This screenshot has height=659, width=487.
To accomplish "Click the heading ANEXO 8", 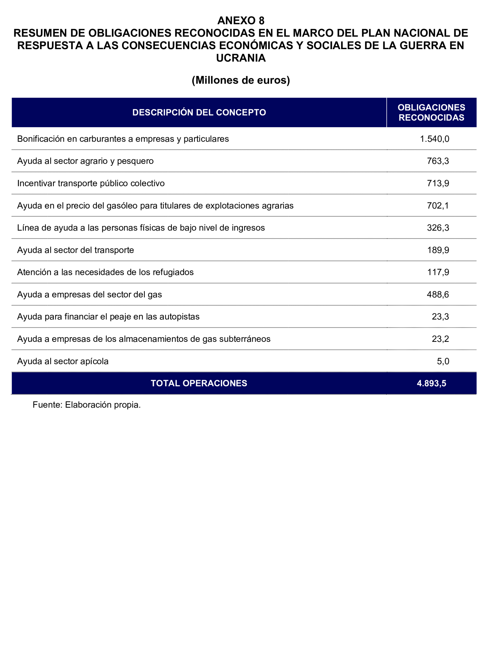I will pyautogui.click(x=241, y=20).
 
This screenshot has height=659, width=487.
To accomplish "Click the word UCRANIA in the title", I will pyautogui.click(x=241, y=58).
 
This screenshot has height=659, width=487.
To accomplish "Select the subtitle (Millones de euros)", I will pyautogui.click(x=241, y=80).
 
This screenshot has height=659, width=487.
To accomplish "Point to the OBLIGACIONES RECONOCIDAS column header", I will pyautogui.click(x=431, y=112).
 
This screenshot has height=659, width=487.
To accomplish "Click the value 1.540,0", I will pyautogui.click(x=434, y=139).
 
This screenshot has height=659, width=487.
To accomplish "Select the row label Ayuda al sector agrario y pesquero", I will pyautogui.click(x=85, y=161).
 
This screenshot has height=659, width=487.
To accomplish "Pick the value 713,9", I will pyautogui.click(x=438, y=184).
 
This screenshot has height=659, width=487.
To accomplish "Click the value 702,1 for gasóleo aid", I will pyautogui.click(x=438, y=206).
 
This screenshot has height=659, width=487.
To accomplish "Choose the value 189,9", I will pyautogui.click(x=438, y=250).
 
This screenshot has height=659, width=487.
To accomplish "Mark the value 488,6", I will pyautogui.click(x=438, y=295).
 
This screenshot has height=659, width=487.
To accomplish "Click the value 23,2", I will pyautogui.click(x=440, y=339).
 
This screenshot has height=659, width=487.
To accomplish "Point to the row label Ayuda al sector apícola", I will pyautogui.click(x=63, y=361).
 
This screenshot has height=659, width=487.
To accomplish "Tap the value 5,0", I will pyautogui.click(x=443, y=361).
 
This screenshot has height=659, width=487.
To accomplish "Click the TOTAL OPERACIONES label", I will pyautogui.click(x=199, y=383).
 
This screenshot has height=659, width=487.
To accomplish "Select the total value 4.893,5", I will pyautogui.click(x=431, y=383).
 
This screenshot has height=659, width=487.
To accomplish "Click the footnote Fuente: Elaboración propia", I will pyautogui.click(x=87, y=405).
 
